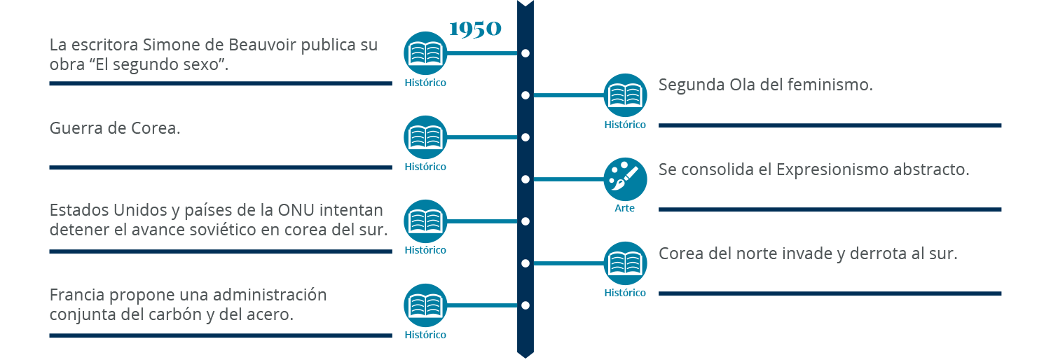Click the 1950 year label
click(475, 29)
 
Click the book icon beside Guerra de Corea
click(425, 137)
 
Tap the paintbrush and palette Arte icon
click(625, 179)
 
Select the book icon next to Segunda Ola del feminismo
click(625, 95)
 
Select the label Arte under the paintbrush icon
click(625, 209)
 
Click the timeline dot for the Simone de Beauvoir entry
click(525, 53)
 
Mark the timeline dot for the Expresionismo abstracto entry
click(525, 179)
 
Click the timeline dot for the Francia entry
click(525, 305)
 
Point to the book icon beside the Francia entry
click(425, 305)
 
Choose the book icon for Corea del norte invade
click(625, 263)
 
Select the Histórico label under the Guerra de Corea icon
click(425, 167)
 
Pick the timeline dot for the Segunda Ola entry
click(525, 95)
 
